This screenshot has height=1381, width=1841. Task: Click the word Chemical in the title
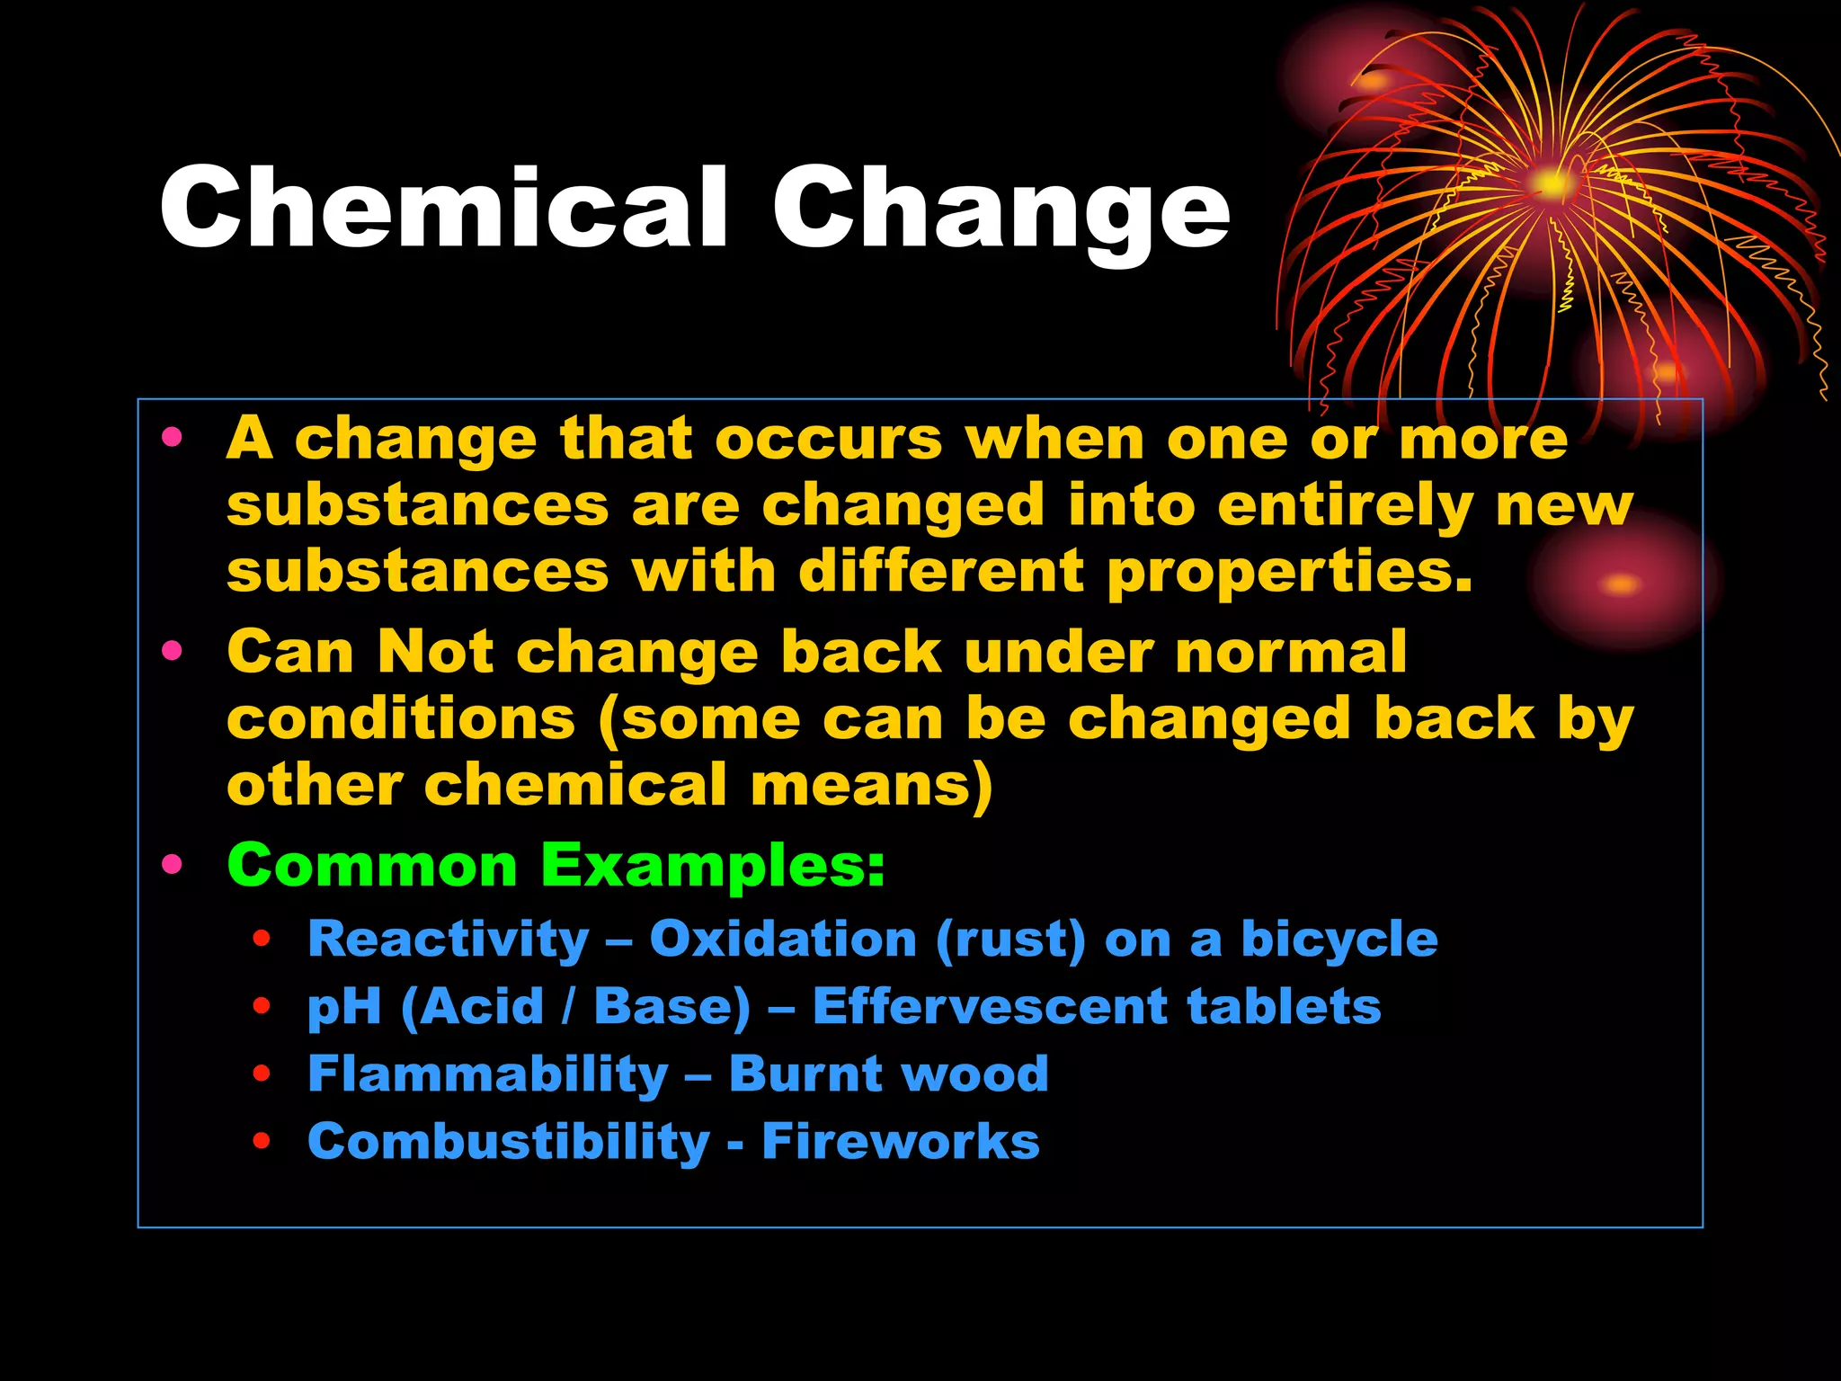click(x=442, y=209)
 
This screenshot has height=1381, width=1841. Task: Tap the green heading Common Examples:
click(x=556, y=865)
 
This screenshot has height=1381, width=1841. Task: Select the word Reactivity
click(x=448, y=940)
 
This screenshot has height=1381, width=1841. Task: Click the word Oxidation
click(x=782, y=939)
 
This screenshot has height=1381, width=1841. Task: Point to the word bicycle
click(x=1339, y=940)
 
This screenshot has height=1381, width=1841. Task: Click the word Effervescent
click(x=988, y=1006)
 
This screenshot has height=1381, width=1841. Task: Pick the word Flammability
click(x=487, y=1074)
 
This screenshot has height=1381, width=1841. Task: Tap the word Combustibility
click(x=508, y=1142)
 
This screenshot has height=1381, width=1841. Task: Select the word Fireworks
click(x=900, y=1141)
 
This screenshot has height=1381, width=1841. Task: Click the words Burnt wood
click(x=888, y=1074)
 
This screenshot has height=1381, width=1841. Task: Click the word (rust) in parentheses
click(x=1010, y=940)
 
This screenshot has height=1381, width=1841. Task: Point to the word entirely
click(x=1344, y=507)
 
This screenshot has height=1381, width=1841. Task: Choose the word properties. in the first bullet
click(x=1289, y=574)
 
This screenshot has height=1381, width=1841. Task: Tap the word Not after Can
click(x=435, y=651)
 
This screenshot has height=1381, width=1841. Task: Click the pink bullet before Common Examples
click(x=172, y=865)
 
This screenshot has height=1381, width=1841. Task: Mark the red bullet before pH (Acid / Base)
click(x=262, y=1006)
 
